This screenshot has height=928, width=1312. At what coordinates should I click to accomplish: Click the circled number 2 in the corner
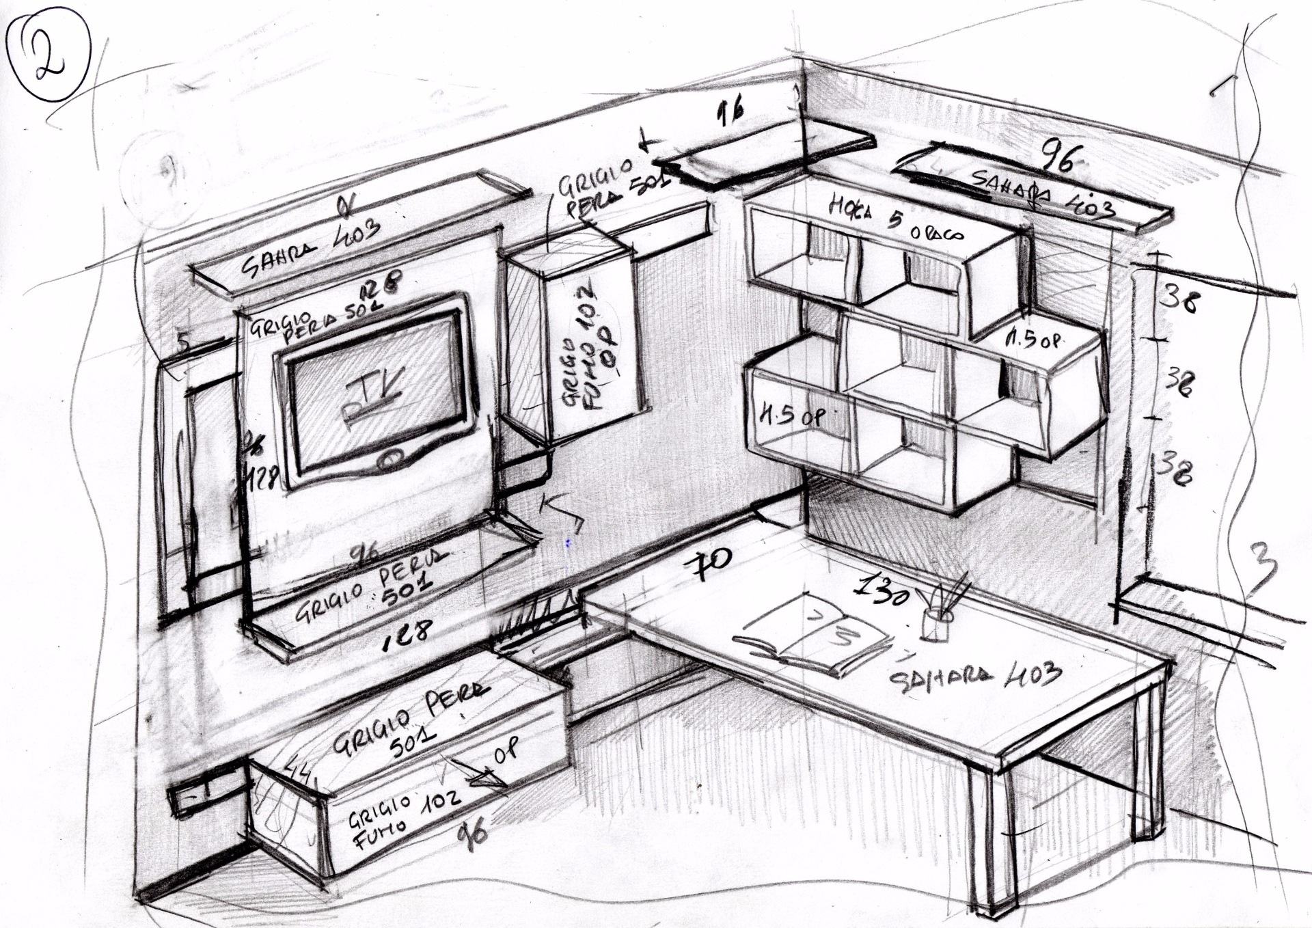[x=49, y=53]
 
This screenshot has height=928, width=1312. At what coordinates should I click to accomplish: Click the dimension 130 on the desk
[x=883, y=589]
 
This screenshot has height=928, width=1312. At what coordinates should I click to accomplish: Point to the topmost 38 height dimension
[x=1181, y=298]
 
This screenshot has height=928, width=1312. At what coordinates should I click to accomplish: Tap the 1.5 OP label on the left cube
[x=793, y=415]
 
